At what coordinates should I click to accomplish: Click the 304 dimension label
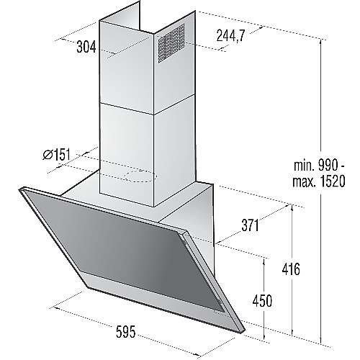click(86, 47)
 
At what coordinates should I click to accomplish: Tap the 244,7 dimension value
click(230, 35)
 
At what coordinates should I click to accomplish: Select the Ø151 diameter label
click(57, 154)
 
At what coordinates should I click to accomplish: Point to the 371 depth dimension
click(250, 225)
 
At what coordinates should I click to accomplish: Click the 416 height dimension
click(291, 269)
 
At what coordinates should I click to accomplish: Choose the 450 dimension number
click(262, 300)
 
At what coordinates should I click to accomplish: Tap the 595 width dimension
click(126, 332)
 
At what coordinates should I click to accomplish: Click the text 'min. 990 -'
click(319, 165)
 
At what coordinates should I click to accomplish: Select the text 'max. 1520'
click(319, 181)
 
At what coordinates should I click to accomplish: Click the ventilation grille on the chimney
click(171, 43)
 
